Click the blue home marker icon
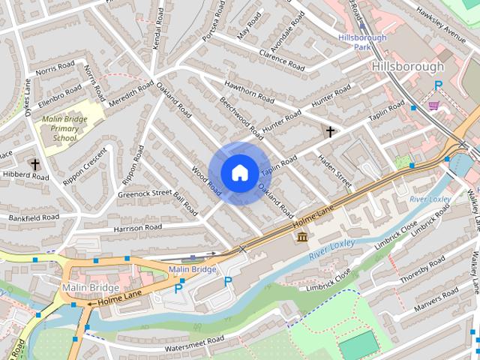coord(238,173)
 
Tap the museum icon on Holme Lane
coord(302,238)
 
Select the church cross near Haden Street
coord(329,132)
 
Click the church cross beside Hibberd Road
coord(34,163)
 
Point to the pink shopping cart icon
coord(433,106)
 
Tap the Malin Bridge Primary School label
coord(64,128)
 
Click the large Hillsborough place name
coord(408,67)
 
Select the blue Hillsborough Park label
coord(361,41)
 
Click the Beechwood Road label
coord(241,118)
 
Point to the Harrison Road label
coord(137,227)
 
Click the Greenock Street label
coord(145,193)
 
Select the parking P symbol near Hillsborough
coord(438,86)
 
